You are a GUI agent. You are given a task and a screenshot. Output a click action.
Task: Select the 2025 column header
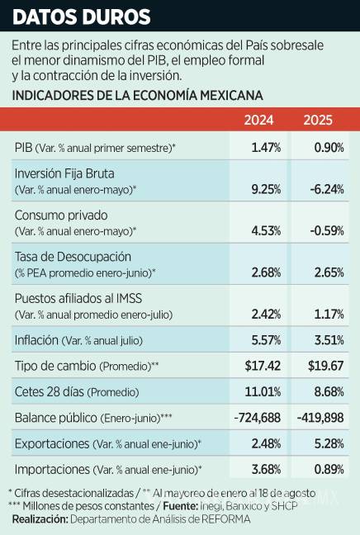pyautogui.click(x=318, y=120)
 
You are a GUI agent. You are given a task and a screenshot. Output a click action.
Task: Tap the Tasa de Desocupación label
pyautogui.click(x=73, y=257)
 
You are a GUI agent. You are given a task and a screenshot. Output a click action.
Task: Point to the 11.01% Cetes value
pyautogui.click(x=264, y=391)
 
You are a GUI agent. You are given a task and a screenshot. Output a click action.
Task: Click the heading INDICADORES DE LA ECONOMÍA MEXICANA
pyautogui.click(x=138, y=96)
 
